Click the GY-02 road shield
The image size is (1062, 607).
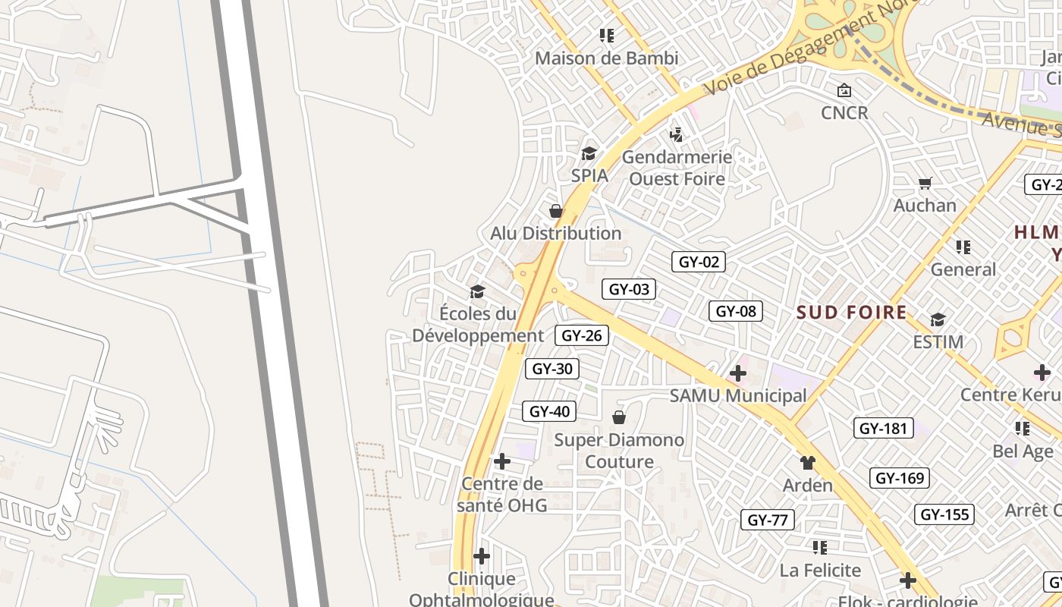[x=699, y=263]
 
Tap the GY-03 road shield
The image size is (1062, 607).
[x=629, y=289]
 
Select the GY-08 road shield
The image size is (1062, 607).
[x=736, y=311]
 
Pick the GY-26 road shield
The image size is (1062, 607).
[x=582, y=335]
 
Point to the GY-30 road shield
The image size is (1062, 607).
[x=552, y=370]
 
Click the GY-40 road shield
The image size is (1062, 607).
[x=549, y=412]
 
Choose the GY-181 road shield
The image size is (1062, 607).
[x=883, y=428]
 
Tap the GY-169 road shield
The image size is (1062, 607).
[x=900, y=478]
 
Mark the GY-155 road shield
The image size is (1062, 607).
[x=944, y=514]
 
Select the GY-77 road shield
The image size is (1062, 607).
[x=768, y=520]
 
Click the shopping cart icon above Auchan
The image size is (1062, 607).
[x=925, y=183]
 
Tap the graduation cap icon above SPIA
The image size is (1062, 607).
[x=589, y=154]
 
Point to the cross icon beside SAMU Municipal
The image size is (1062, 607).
[x=737, y=373]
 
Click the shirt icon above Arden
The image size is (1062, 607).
[x=807, y=463]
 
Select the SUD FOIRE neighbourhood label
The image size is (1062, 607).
[x=851, y=313]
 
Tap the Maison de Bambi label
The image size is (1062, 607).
[x=606, y=58]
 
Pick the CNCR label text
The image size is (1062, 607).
[x=844, y=113]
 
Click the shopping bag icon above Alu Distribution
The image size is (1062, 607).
[x=556, y=211]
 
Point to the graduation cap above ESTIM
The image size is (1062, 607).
[x=938, y=319]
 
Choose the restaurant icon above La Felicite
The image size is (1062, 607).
[x=819, y=547]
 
